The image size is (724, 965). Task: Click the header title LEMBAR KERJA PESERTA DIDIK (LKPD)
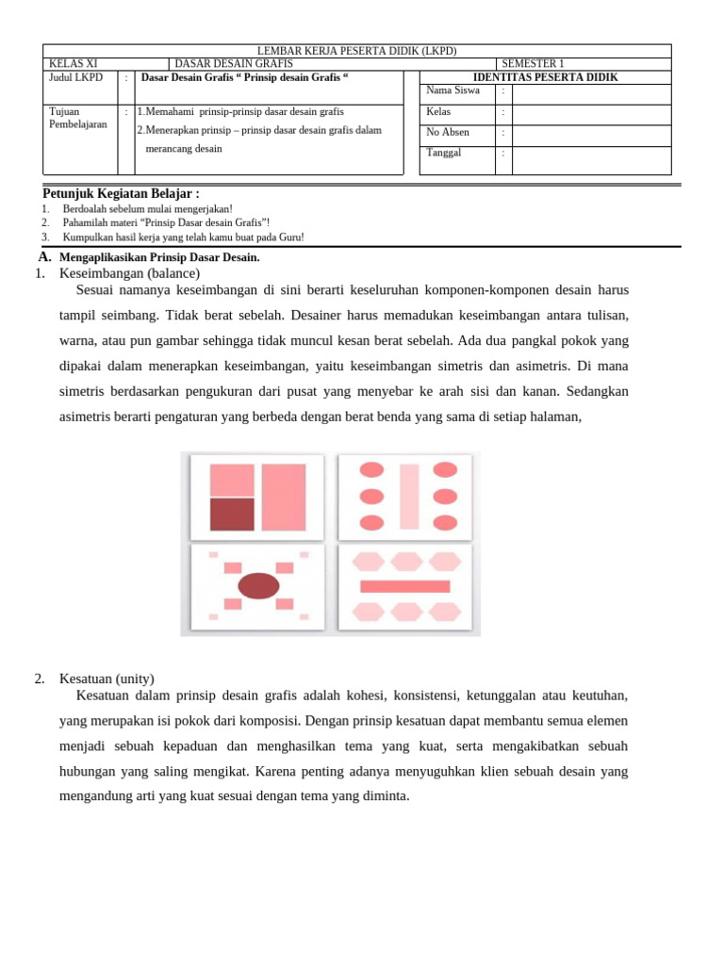click(x=357, y=51)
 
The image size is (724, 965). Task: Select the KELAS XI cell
click(x=73, y=64)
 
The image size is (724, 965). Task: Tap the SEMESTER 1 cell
click(x=534, y=64)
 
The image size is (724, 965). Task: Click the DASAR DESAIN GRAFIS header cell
click(x=235, y=64)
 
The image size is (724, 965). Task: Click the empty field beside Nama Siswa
click(x=591, y=91)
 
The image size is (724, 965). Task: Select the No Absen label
click(x=449, y=133)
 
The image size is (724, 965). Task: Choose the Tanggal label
click(x=444, y=153)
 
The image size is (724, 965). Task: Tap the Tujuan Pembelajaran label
click(x=77, y=118)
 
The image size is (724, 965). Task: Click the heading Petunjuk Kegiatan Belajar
click(x=121, y=193)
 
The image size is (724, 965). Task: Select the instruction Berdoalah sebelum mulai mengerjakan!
click(x=147, y=209)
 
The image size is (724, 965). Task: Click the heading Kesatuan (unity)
click(x=107, y=679)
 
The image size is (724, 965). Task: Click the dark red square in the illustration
click(x=232, y=515)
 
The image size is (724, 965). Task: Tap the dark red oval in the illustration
click(x=258, y=586)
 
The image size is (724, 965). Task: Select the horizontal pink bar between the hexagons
click(x=405, y=586)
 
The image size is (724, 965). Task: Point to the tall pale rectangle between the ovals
click(x=409, y=496)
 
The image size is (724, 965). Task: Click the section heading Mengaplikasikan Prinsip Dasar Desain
click(x=158, y=257)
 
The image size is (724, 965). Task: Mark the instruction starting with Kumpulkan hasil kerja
click(x=183, y=237)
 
